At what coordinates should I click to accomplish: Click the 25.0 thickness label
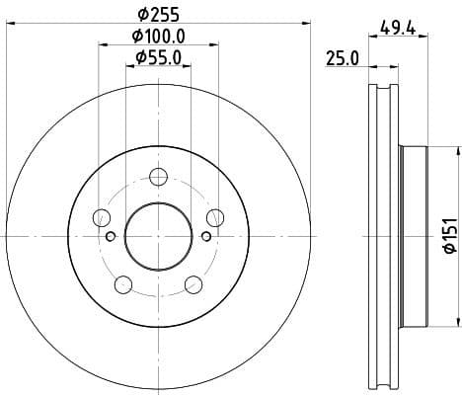(342, 59)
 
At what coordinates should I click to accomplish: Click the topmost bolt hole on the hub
(158, 178)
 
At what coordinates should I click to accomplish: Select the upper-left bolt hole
(101, 218)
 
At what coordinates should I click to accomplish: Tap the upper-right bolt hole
(214, 218)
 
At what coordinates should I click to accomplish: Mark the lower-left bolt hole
(123, 285)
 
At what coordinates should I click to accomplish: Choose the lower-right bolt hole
(192, 285)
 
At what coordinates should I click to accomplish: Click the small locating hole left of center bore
(111, 235)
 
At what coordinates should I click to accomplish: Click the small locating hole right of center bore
(205, 235)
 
